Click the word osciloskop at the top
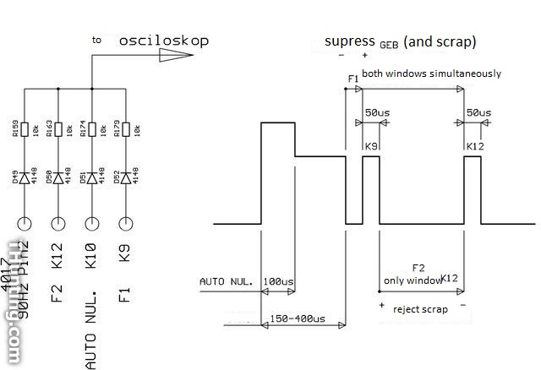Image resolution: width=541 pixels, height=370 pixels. pyautogui.click(x=163, y=40)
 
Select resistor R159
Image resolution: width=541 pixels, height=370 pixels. pyautogui.click(x=24, y=129)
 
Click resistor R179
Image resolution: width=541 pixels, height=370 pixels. pyautogui.click(x=126, y=129)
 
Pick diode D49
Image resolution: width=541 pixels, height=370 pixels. pyautogui.click(x=24, y=177)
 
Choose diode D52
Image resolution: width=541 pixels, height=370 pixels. pyautogui.click(x=126, y=177)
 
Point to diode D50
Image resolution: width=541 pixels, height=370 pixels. pyautogui.click(x=57, y=177)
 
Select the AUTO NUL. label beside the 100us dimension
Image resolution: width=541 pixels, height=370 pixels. pyautogui.click(x=226, y=280)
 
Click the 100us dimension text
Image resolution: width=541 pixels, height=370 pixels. pyautogui.click(x=278, y=280)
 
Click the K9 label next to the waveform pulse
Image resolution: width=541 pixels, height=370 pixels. pyautogui.click(x=370, y=147)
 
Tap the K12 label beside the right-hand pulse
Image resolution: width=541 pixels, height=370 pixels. pyautogui.click(x=474, y=147)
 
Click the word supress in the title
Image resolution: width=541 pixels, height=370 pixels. pyautogui.click(x=348, y=41)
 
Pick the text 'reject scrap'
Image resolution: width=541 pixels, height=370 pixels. pyautogui.click(x=420, y=309)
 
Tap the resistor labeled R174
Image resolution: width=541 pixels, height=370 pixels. pyautogui.click(x=91, y=129)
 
